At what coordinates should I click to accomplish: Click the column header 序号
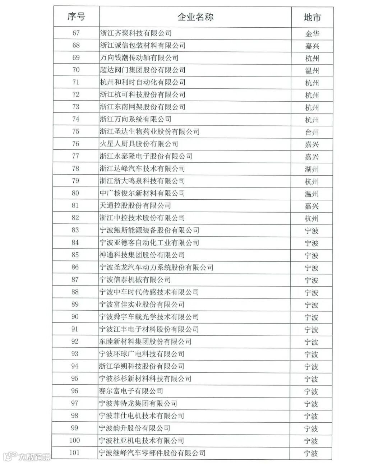[x=76, y=17]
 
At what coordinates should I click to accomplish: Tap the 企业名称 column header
[x=195, y=17]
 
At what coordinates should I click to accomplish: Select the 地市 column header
[x=312, y=17]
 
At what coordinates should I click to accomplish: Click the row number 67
[x=76, y=33]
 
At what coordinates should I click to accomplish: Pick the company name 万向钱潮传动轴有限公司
[x=139, y=57]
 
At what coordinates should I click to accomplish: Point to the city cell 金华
[x=312, y=34]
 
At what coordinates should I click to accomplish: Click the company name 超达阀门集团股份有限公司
[x=143, y=70]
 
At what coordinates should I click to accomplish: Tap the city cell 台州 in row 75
[x=312, y=132]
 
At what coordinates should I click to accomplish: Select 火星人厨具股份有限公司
[x=139, y=144]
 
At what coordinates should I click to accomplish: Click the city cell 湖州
[x=312, y=169]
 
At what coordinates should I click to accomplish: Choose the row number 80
[x=75, y=193]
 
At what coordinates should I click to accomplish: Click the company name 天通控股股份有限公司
[x=135, y=205]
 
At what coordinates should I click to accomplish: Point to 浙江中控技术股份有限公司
[x=143, y=218]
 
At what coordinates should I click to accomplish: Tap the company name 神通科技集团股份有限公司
[x=142, y=255]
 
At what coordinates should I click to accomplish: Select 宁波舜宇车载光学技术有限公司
[x=149, y=317]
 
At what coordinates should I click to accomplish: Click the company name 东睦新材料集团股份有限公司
[x=145, y=342]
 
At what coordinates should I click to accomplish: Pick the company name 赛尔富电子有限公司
[x=131, y=391]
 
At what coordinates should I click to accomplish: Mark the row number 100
[x=74, y=440]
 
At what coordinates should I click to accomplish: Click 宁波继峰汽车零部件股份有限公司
[x=152, y=453]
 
